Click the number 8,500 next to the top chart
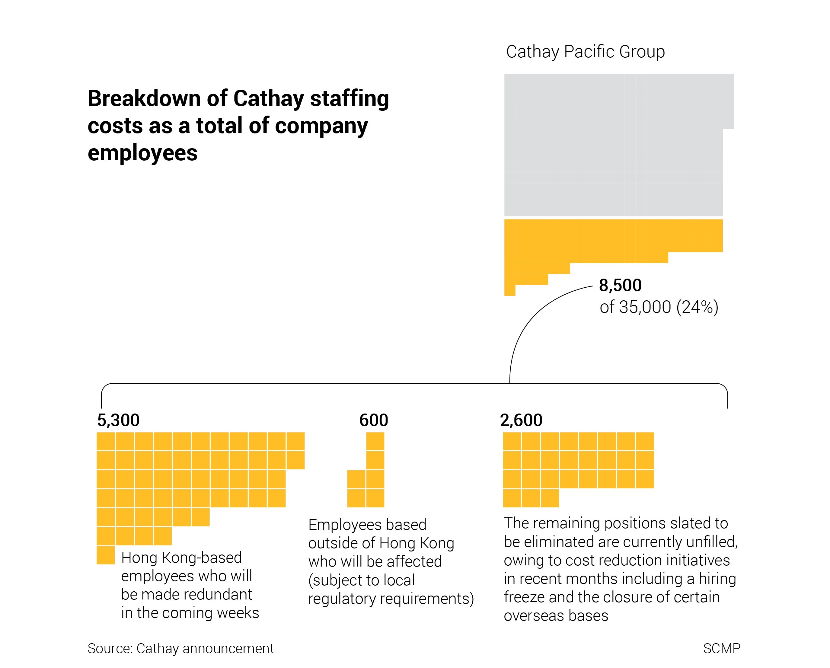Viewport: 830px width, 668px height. tap(620, 285)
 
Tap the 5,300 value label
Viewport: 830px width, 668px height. tap(118, 420)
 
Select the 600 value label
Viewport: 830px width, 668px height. tap(373, 420)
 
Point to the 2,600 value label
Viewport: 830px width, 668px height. tap(521, 420)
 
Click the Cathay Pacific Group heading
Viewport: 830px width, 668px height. tap(585, 52)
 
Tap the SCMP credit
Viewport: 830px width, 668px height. tap(721, 648)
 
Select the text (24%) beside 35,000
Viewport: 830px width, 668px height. tap(697, 307)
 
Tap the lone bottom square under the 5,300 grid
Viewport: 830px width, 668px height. tap(105, 555)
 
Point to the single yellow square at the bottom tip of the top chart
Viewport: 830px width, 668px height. tap(510, 290)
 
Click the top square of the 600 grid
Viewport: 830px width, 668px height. tap(375, 441)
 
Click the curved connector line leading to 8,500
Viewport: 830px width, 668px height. tap(528, 320)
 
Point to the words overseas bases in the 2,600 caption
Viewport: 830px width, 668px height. tap(556, 616)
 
